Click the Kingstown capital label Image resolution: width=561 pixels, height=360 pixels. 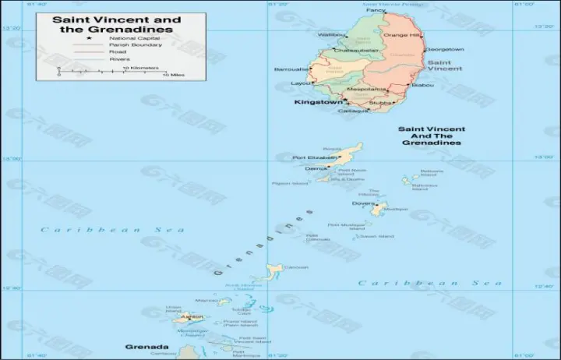point(317,102)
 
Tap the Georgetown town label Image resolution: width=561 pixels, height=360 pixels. point(446,49)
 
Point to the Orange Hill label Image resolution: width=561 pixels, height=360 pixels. point(402,35)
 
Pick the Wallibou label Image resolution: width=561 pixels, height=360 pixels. point(331,35)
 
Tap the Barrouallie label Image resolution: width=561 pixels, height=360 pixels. point(291,69)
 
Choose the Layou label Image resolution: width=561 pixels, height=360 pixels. point(300,83)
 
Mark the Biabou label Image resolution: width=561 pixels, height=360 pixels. point(422,84)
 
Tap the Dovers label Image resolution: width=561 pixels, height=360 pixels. point(362,203)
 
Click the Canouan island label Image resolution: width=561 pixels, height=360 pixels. point(296,267)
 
